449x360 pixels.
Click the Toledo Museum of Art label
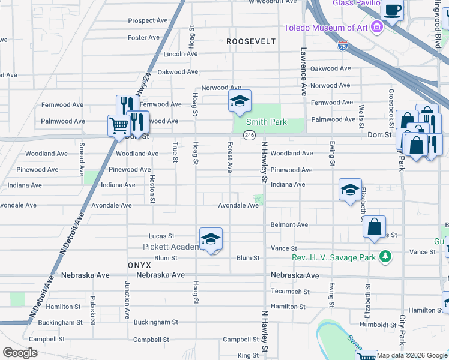coord(326,28)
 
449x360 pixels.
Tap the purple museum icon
coord(377,27)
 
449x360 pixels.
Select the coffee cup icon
coord(393,10)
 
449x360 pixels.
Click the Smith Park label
coord(265,122)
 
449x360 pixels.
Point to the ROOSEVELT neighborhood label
coord(251,41)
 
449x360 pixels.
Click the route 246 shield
coord(249,136)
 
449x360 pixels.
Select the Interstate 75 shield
coord(342,46)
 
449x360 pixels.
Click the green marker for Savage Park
coord(384,258)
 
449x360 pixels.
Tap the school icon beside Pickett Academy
coord(211,240)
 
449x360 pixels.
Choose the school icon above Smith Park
coord(239,101)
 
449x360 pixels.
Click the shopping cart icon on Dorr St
coord(119,125)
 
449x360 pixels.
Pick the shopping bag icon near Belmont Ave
coord(374,227)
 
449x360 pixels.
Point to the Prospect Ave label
coord(148,20)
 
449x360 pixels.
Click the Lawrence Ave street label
coord(304,72)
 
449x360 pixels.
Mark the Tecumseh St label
coord(290,292)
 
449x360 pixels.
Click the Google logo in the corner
coord(20,353)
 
